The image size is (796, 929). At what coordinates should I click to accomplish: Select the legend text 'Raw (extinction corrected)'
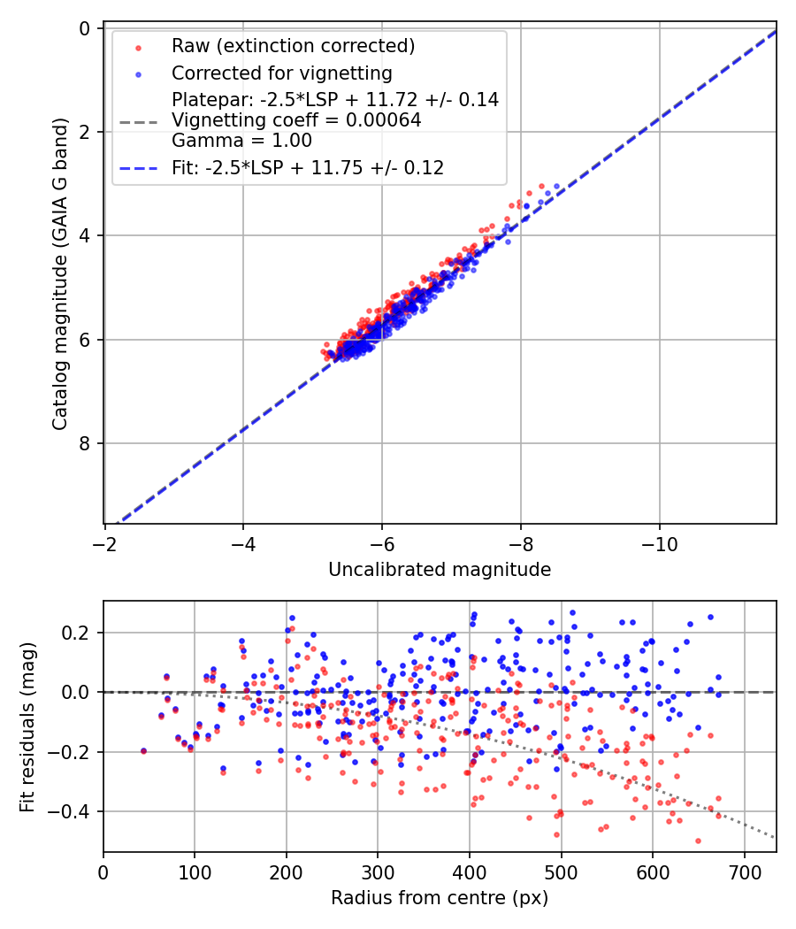[293, 45]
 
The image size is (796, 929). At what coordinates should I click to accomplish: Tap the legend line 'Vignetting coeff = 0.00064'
[296, 119]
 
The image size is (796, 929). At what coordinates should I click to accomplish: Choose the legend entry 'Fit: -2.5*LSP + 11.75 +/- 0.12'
[308, 167]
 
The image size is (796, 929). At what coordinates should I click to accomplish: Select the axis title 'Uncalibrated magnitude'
[440, 570]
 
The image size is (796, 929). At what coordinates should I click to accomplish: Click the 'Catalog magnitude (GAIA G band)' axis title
[60, 275]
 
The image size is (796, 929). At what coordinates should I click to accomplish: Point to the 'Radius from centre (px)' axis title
[440, 898]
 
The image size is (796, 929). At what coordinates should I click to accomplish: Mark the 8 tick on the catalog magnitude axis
[85, 443]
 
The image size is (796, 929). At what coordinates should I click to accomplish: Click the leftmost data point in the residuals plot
[143, 750]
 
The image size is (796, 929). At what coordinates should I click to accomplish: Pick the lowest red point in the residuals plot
[698, 841]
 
